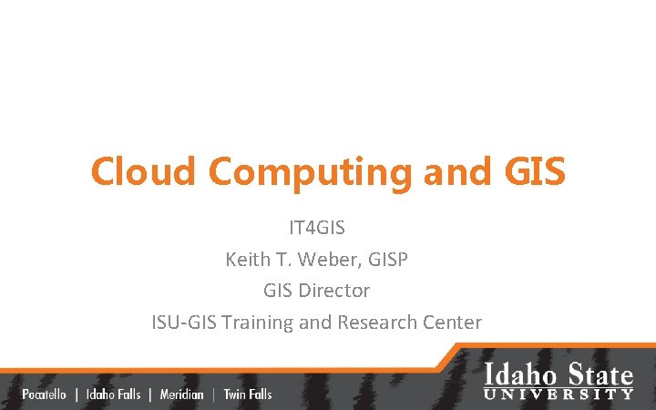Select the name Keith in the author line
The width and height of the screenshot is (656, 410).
click(247, 260)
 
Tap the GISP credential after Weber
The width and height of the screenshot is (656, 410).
click(387, 260)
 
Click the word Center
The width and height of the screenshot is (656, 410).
click(453, 322)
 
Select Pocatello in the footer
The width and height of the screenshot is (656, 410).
click(44, 395)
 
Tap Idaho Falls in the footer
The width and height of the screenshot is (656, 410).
click(113, 395)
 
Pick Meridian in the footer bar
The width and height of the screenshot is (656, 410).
click(181, 395)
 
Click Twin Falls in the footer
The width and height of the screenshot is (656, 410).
click(248, 395)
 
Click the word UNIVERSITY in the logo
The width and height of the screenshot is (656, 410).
click(559, 394)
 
